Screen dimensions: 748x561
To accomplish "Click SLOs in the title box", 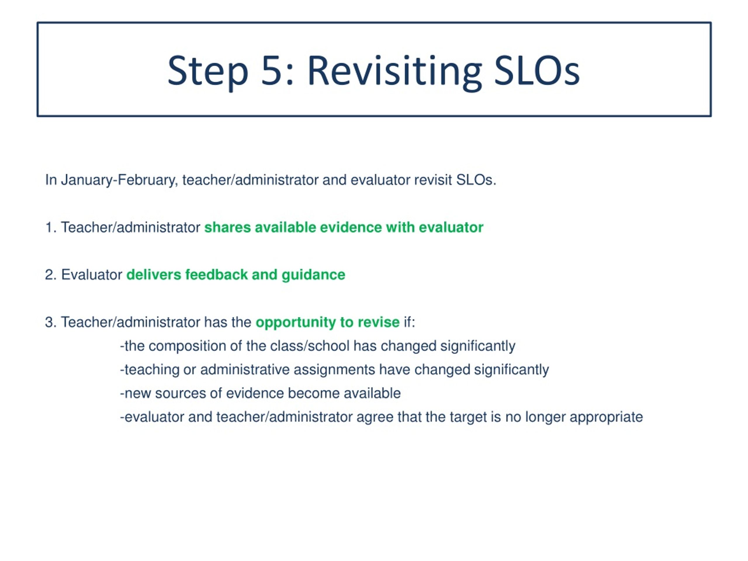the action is [x=537, y=71].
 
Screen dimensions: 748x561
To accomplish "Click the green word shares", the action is [x=228, y=228].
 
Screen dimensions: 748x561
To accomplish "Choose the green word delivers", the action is [x=154, y=275].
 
